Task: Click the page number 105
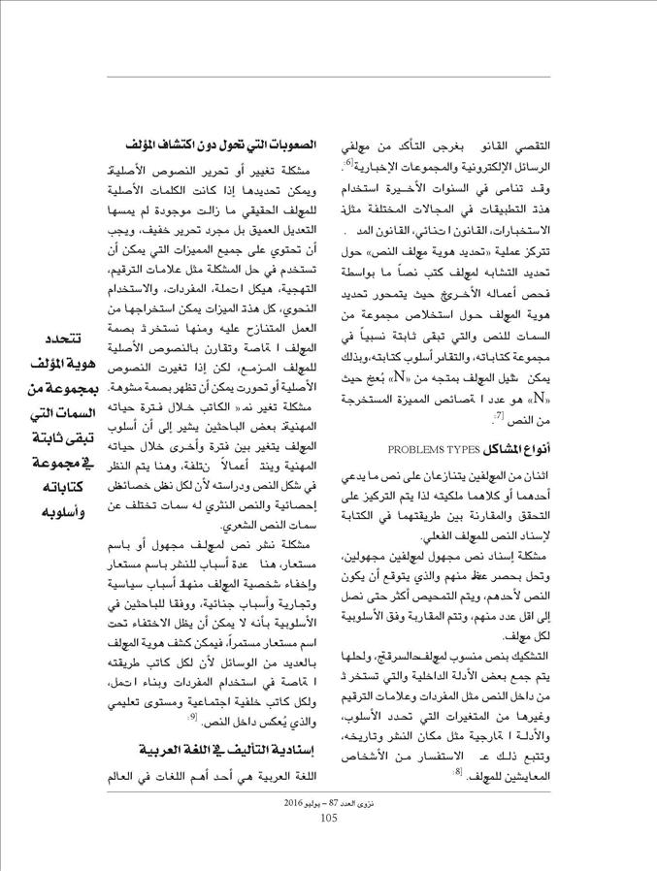(x=328, y=818)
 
